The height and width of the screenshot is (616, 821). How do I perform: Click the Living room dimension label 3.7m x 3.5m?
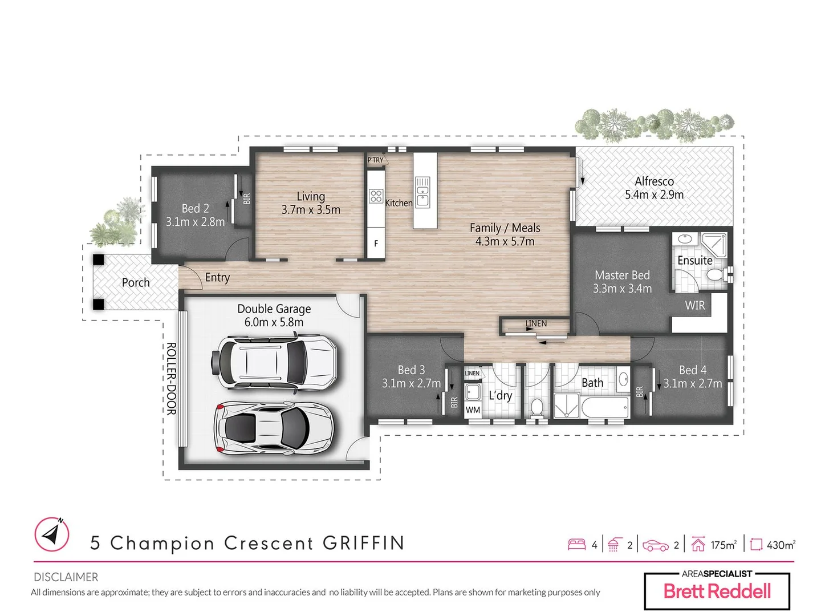click(x=311, y=210)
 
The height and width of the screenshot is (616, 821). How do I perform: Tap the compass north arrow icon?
click(x=52, y=534)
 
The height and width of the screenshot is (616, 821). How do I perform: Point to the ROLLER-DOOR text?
click(x=171, y=378)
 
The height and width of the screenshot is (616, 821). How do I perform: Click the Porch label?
click(x=136, y=282)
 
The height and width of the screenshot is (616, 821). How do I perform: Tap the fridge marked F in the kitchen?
click(x=376, y=244)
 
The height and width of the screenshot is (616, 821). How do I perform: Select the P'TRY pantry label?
click(x=376, y=160)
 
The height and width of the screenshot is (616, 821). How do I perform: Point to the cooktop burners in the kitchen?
click(x=376, y=196)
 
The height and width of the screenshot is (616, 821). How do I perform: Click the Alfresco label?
click(x=654, y=181)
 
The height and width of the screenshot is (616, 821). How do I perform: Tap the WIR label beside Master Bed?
click(x=694, y=305)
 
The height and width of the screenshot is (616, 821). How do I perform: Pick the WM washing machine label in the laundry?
click(x=473, y=410)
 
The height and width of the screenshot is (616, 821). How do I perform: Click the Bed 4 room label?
click(x=692, y=370)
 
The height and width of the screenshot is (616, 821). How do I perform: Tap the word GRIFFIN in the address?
click(x=364, y=543)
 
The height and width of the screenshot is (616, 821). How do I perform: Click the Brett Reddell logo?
click(x=717, y=591)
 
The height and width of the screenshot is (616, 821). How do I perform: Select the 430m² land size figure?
click(x=780, y=545)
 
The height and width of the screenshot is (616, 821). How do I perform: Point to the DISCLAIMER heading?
click(x=66, y=577)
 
